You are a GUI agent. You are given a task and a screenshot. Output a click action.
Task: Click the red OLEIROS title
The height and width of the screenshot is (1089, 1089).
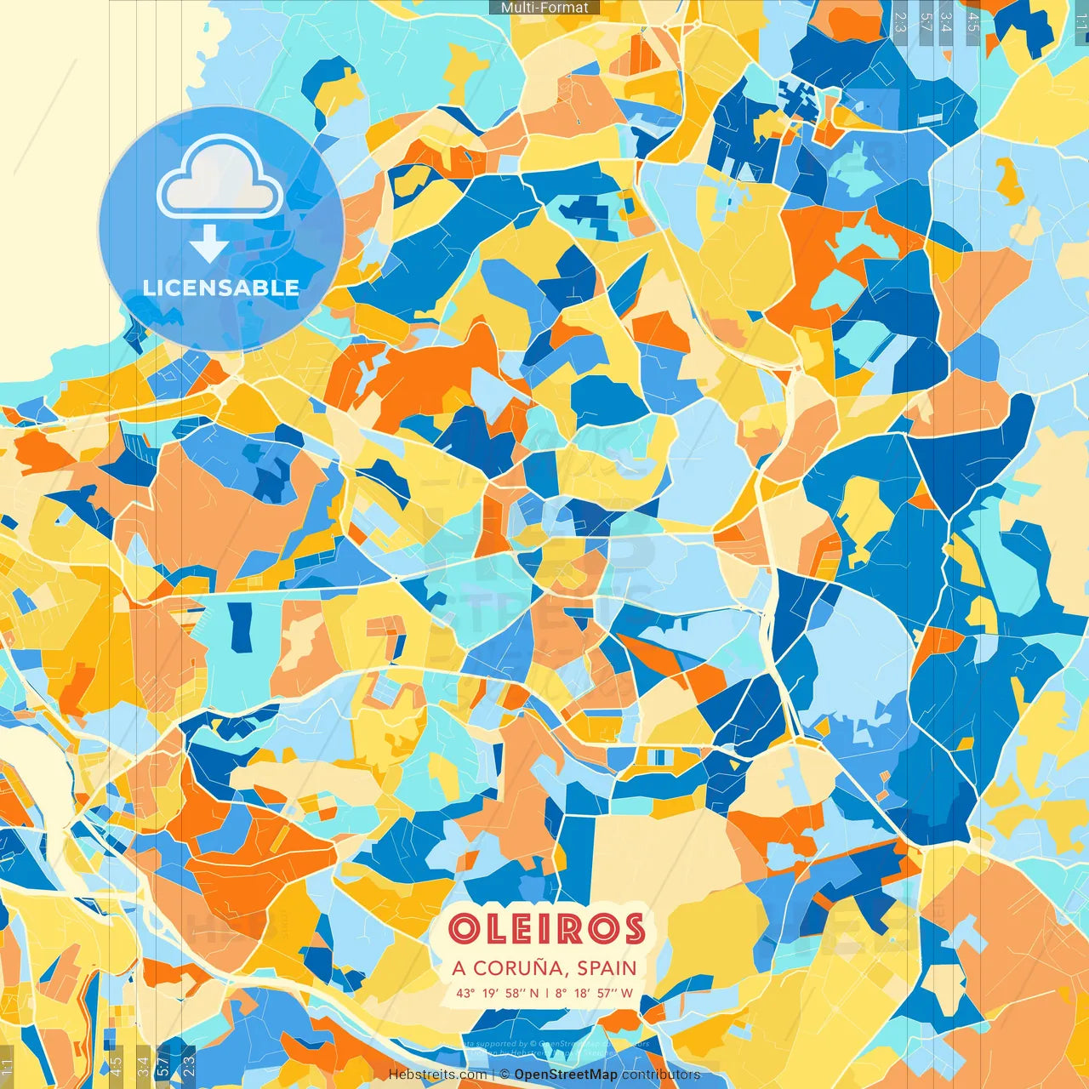[545, 929]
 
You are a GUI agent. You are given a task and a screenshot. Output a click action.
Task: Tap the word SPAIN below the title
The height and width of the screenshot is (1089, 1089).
[607, 968]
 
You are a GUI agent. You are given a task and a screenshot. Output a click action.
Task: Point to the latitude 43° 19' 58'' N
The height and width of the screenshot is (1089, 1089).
[498, 993]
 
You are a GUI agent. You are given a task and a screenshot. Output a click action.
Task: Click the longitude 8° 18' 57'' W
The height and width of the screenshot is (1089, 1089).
[595, 993]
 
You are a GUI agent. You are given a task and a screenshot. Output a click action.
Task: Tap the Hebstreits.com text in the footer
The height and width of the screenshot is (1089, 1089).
[437, 1075]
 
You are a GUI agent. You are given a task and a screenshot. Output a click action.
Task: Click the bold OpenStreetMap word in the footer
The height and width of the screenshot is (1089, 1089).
[566, 1075]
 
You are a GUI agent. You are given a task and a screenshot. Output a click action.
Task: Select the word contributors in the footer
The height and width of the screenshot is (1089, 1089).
[661, 1075]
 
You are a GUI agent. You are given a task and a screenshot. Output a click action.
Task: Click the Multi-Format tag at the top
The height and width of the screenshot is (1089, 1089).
[544, 8]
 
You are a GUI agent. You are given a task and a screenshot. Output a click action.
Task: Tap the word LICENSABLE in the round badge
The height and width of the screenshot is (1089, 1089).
[221, 288]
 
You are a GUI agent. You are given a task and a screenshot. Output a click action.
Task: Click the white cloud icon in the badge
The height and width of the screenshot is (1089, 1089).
[220, 180]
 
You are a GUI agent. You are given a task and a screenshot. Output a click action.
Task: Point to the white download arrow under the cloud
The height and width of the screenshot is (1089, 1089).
[208, 244]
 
